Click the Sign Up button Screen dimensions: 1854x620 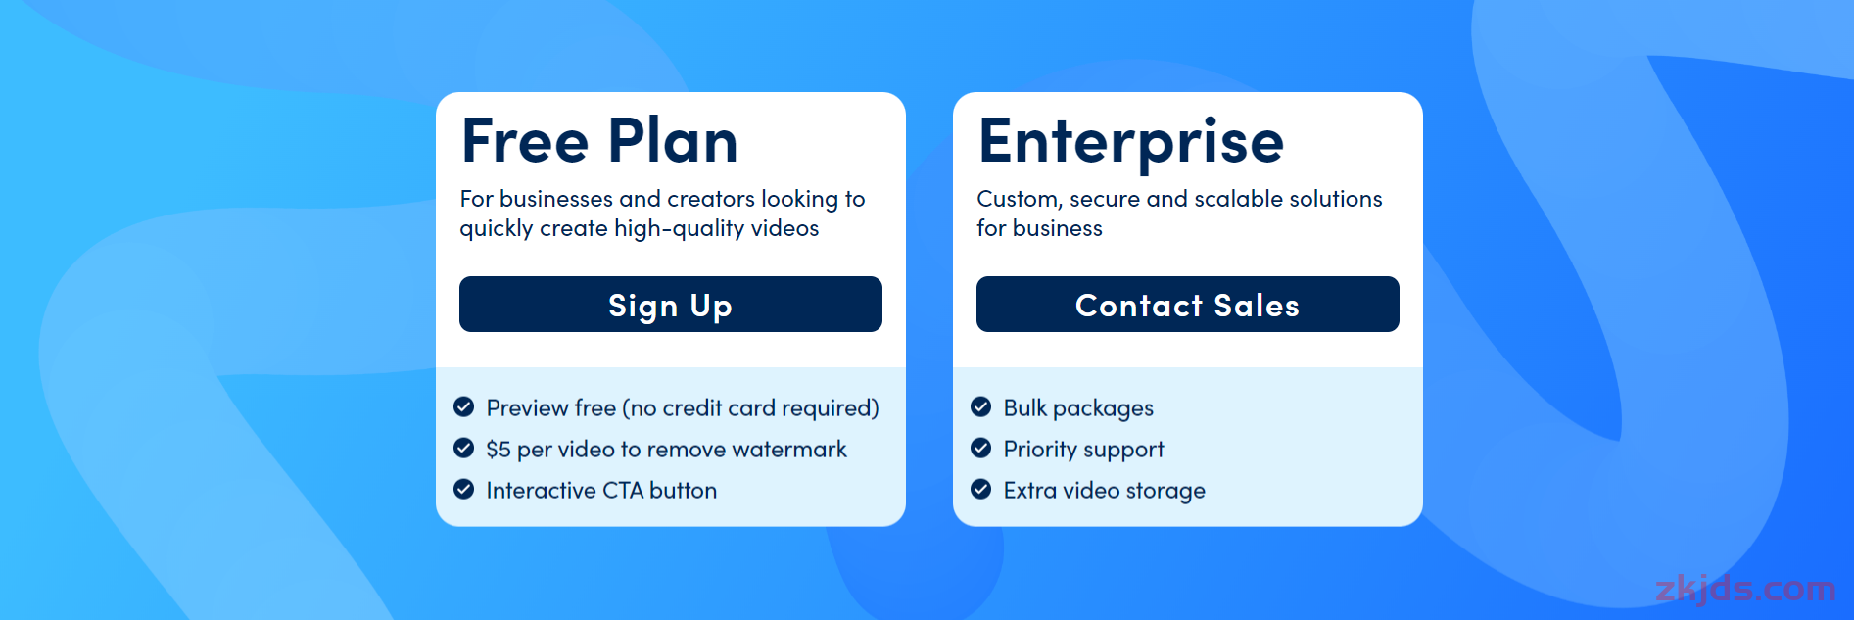click(x=670, y=305)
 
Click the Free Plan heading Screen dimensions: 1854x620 click(x=599, y=140)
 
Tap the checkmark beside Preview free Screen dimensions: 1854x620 click(x=464, y=406)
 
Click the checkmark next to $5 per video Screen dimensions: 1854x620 click(x=464, y=448)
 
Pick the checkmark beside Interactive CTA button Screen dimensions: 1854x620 click(x=464, y=489)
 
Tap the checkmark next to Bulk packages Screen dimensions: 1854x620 click(x=980, y=406)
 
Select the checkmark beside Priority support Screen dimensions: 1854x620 click(x=980, y=448)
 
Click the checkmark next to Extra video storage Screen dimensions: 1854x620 click(x=980, y=489)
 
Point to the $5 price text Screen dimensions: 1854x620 click(x=499, y=450)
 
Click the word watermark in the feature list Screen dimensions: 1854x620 click(x=789, y=450)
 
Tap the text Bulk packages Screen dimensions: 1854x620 click(x=1078, y=408)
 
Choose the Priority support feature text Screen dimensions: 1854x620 click(x=1083, y=450)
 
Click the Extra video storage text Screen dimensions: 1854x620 click(x=1104, y=491)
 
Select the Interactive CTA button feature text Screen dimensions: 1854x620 click(x=601, y=491)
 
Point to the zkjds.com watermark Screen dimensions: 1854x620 click(x=1745, y=589)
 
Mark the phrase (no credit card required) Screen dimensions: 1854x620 click(x=750, y=408)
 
